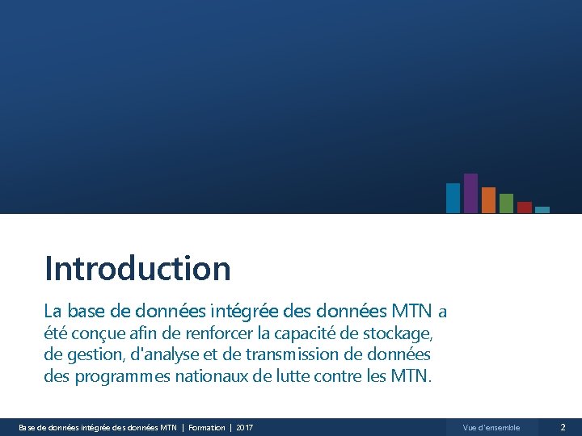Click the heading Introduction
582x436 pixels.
tap(137, 268)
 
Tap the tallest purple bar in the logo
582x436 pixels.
tap(470, 193)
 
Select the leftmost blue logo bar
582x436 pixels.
tap(453, 198)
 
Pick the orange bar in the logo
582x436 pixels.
tap(488, 199)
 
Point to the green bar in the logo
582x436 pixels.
tap(506, 203)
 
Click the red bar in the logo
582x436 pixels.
tap(524, 207)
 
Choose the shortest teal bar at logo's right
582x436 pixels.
tap(542, 209)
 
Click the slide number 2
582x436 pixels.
tap(563, 427)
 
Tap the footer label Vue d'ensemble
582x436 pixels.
tap(491, 427)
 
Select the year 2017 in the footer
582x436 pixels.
tap(244, 427)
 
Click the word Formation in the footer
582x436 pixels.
tap(207, 427)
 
